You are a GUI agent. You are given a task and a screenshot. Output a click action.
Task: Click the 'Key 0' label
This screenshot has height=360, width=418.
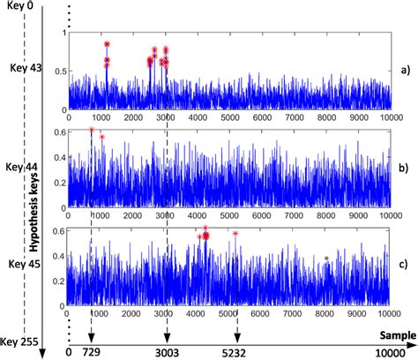coord(20,7)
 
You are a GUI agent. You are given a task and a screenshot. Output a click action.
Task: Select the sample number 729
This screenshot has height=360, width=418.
coord(91,351)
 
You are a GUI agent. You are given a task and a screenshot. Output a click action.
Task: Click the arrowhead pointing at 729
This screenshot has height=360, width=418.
coord(91,337)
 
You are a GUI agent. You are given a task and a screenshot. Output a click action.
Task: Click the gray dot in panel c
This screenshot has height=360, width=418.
coord(325,259)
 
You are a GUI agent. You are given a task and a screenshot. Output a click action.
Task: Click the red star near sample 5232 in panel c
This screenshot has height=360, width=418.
coord(235,234)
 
